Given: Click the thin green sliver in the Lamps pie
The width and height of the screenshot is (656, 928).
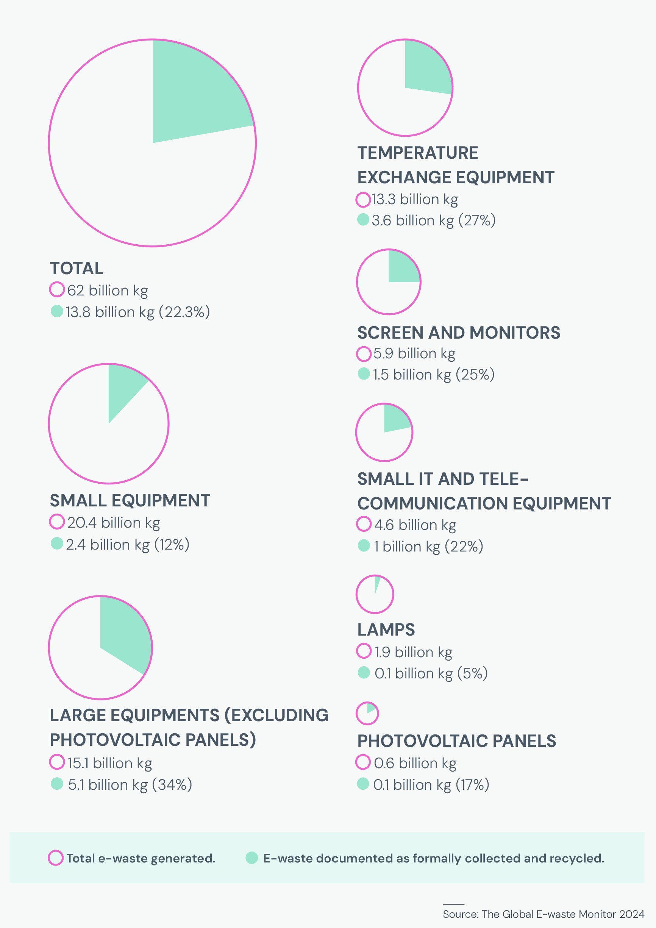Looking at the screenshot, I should pyautogui.click(x=377, y=584).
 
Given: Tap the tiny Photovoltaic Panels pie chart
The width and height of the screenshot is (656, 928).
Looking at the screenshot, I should pyautogui.click(x=367, y=713).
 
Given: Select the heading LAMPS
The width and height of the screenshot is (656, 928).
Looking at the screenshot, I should pyautogui.click(x=386, y=629).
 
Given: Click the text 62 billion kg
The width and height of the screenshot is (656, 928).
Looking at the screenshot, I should pyautogui.click(x=108, y=291).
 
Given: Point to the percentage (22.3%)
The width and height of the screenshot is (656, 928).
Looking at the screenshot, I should pyautogui.click(x=184, y=312).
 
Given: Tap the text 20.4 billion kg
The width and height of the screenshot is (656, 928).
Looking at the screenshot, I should pyautogui.click(x=114, y=523).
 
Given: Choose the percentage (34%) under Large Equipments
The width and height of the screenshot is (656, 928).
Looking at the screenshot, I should pyautogui.click(x=172, y=784).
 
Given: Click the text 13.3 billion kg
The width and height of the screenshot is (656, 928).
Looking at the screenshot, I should pyautogui.click(x=414, y=199).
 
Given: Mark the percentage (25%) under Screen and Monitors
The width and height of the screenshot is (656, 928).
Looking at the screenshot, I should pyautogui.click(x=475, y=375).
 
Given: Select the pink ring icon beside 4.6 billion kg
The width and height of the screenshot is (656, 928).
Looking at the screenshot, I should pyautogui.click(x=363, y=524).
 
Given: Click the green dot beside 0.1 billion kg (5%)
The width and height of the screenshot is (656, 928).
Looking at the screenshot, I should pyautogui.click(x=363, y=673).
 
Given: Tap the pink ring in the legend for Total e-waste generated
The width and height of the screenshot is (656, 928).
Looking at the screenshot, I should pyautogui.click(x=55, y=858).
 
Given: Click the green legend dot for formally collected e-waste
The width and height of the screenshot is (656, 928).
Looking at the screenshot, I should pyautogui.click(x=252, y=858).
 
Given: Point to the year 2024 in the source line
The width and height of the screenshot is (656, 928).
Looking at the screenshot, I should pyautogui.click(x=632, y=914).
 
